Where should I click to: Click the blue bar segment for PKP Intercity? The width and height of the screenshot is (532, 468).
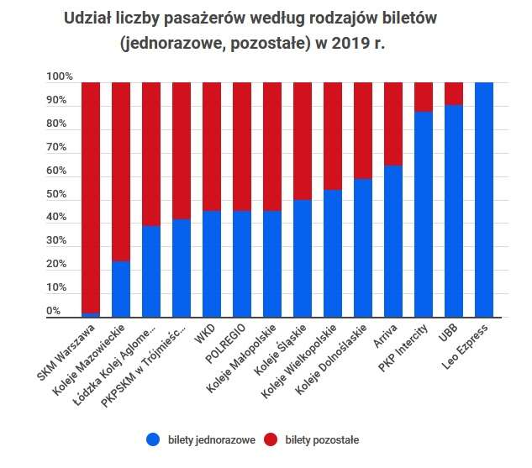point(424,214)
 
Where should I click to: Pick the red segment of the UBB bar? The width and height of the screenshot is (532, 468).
point(454,93)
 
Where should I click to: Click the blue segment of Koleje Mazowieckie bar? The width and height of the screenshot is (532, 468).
point(121,289)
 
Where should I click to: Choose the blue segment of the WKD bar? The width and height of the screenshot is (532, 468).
point(212,264)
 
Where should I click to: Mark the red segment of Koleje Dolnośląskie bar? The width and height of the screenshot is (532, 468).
point(363,130)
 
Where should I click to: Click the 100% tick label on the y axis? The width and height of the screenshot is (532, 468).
point(60,77)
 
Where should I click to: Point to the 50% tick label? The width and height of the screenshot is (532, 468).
point(56,195)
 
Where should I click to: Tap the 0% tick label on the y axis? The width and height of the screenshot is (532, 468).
point(54,312)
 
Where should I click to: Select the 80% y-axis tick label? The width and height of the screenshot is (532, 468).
point(56,124)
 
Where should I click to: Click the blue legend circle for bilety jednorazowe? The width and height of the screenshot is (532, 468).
point(153,439)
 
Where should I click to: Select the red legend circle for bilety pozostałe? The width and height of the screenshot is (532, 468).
point(271,439)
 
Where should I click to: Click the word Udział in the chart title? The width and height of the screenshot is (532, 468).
point(88,18)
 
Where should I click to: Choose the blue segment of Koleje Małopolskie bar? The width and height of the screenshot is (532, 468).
point(272,264)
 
